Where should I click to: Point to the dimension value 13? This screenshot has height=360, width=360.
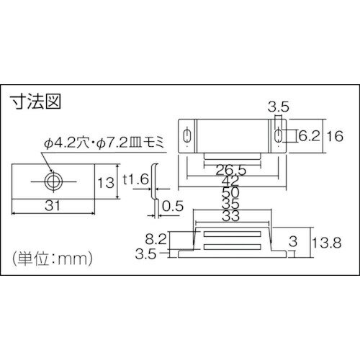click(x=105, y=183)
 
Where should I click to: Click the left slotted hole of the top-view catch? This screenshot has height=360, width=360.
click(x=188, y=136)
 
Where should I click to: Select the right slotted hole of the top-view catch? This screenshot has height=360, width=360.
click(x=278, y=136)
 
